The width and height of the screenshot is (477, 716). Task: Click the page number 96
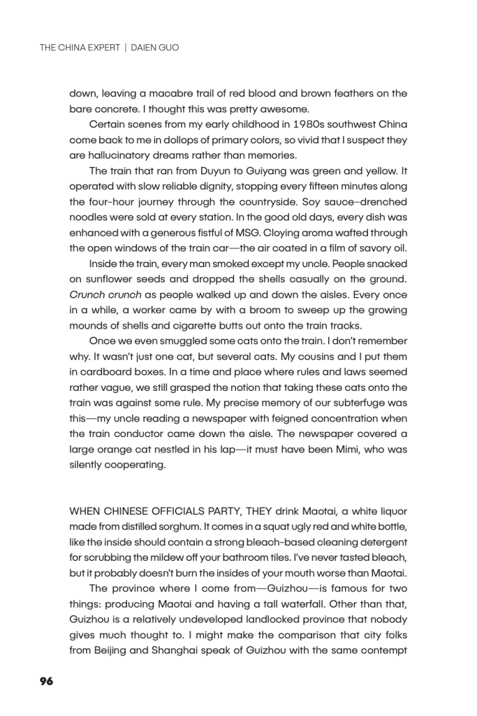[46, 680]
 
